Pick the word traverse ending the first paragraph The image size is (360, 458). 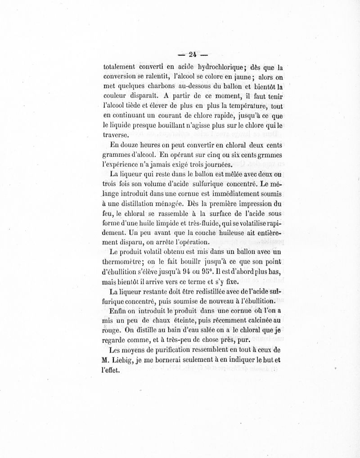(116, 134)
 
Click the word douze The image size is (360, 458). (130, 145)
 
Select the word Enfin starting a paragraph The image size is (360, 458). (119, 312)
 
